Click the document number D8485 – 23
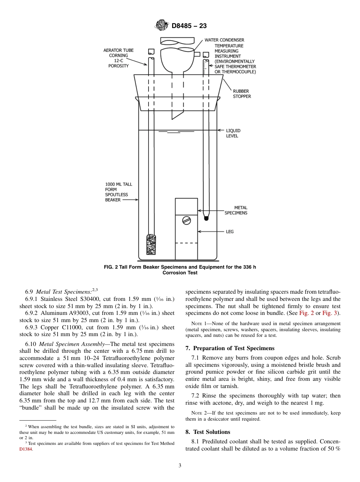click(x=189, y=26)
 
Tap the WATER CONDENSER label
click(x=224, y=40)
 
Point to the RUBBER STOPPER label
click(x=242, y=94)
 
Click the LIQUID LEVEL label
click(x=233, y=133)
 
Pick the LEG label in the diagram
click(x=230, y=232)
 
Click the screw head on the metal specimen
click(x=186, y=221)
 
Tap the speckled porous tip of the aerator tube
click(x=151, y=244)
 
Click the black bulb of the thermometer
click(x=206, y=218)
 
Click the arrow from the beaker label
click(x=131, y=200)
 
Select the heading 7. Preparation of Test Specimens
click(x=230, y=348)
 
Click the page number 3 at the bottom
click(x=180, y=466)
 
